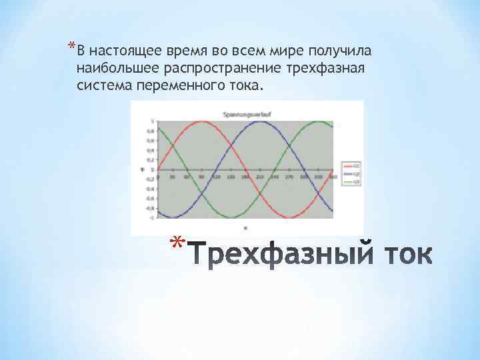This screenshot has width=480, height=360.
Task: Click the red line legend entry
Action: pos(351,165)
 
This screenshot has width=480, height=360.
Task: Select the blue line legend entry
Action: pos(351,173)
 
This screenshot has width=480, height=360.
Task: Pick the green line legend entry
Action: pos(351,181)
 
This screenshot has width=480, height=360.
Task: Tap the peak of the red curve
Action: pos(202,121)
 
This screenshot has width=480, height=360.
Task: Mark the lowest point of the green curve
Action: pos(231,217)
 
